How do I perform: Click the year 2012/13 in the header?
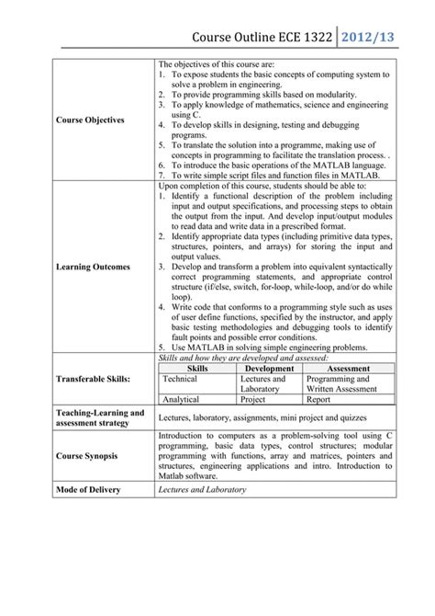(x=378, y=37)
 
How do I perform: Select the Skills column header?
(x=197, y=368)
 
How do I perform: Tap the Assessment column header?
(x=348, y=368)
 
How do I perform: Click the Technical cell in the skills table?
(x=180, y=378)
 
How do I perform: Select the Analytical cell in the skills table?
(x=182, y=400)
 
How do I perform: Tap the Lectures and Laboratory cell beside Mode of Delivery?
(x=202, y=490)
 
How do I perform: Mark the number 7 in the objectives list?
(x=162, y=174)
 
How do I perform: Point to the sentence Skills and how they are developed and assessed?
(x=240, y=357)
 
